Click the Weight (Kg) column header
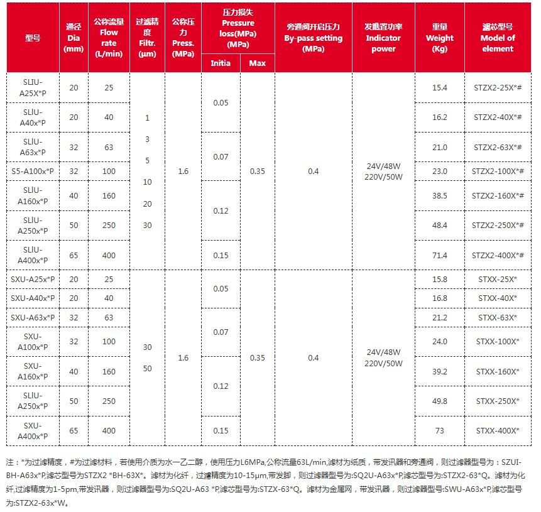point(439,38)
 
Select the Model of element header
point(498,38)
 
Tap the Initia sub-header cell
point(220,63)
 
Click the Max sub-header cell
point(257,63)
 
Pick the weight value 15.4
point(439,88)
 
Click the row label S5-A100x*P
point(33,171)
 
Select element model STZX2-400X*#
point(498,256)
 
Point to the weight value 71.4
point(439,256)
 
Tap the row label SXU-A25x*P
point(33,279)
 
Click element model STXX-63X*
point(498,318)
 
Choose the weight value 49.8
point(439,401)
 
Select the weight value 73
point(439,430)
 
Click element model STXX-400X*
point(498,430)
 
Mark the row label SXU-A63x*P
point(33,318)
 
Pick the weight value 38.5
point(439,196)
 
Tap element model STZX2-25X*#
point(498,88)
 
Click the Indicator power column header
point(383,38)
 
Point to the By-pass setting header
point(313,38)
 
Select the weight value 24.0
point(439,342)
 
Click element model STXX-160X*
point(498,372)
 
